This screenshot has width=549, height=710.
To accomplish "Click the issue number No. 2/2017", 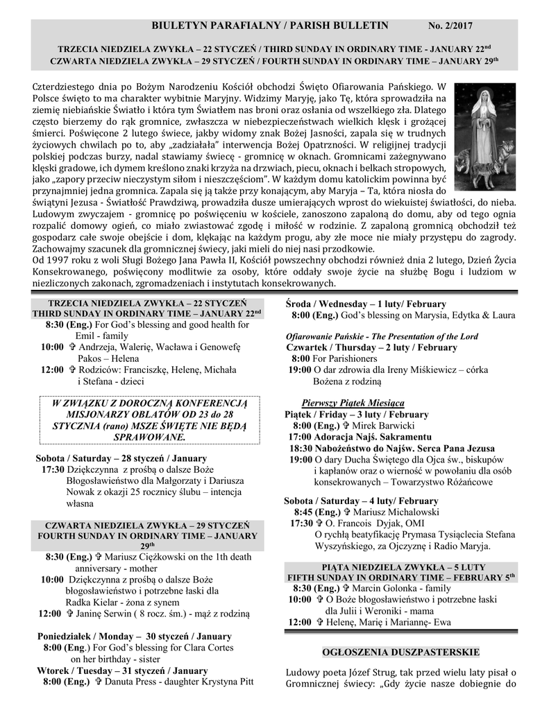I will [x=450, y=26].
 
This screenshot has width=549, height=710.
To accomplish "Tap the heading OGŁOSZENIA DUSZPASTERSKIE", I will [x=402, y=652].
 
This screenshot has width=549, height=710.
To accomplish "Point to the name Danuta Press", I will [x=129, y=682].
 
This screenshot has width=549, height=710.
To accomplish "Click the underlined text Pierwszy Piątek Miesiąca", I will [x=353, y=403].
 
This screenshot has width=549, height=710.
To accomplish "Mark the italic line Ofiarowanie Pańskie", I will [x=382, y=336].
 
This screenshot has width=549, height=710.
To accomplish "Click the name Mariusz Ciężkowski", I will [x=142, y=556].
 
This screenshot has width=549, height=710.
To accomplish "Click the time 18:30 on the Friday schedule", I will [x=300, y=448].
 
